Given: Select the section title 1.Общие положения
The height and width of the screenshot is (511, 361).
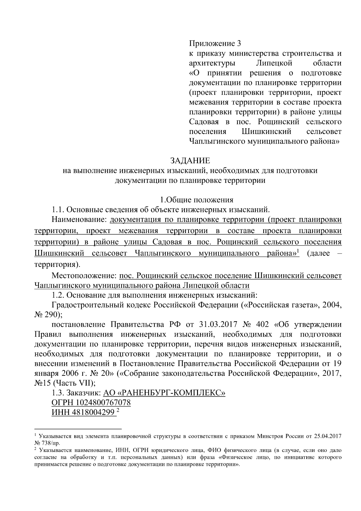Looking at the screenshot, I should coord(196,200).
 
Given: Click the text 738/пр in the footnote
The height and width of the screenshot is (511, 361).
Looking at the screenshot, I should coord(52,443).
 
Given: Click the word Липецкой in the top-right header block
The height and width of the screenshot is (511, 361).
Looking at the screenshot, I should coord(274,63).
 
